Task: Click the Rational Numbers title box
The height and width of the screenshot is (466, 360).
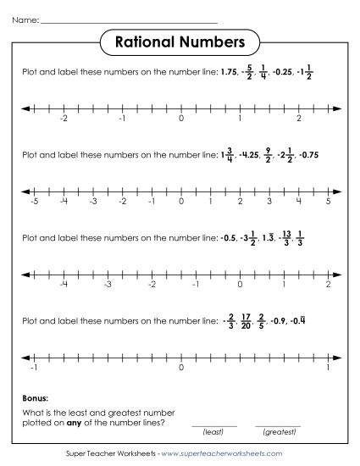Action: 180,42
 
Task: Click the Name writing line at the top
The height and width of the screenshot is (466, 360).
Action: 129,19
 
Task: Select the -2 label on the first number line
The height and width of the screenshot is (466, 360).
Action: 64,119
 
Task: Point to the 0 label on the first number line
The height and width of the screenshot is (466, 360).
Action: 180,119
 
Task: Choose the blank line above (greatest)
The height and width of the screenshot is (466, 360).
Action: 278,425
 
